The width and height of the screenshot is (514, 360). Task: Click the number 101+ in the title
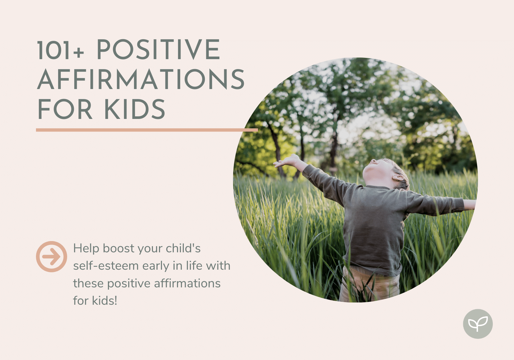60,50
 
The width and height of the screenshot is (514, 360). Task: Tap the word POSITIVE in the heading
159,50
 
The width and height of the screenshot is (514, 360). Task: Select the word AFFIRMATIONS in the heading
141,79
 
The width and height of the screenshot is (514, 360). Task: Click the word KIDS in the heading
135,109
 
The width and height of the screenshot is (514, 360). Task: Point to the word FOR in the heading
65,109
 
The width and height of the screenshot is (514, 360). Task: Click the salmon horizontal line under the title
147,130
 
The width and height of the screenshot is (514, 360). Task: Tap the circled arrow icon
52,256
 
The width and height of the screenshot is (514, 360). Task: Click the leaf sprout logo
478,324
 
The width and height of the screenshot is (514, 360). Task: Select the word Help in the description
86,249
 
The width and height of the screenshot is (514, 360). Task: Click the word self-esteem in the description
106,266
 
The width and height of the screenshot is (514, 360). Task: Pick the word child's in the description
183,248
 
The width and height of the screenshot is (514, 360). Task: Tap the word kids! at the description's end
105,301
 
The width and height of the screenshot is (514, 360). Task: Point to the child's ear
398,177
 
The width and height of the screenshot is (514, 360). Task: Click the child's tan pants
369,285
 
